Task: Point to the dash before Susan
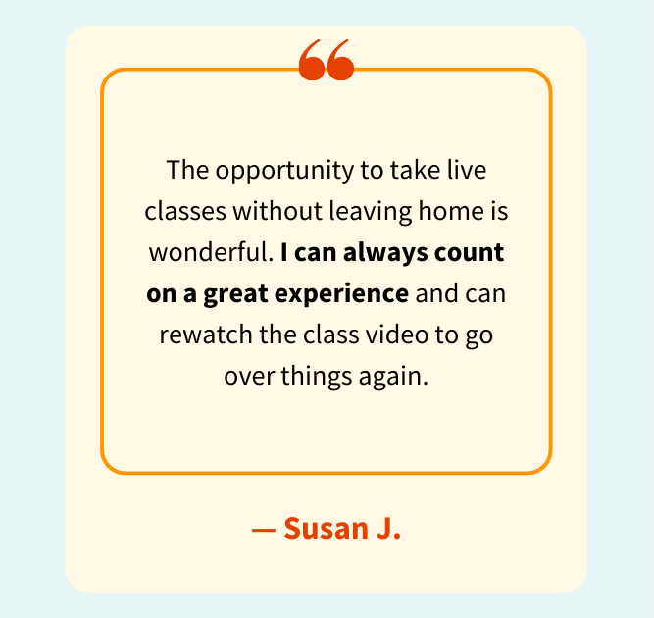point(263,530)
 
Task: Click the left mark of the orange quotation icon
point(312,61)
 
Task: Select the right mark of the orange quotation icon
point(340,61)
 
